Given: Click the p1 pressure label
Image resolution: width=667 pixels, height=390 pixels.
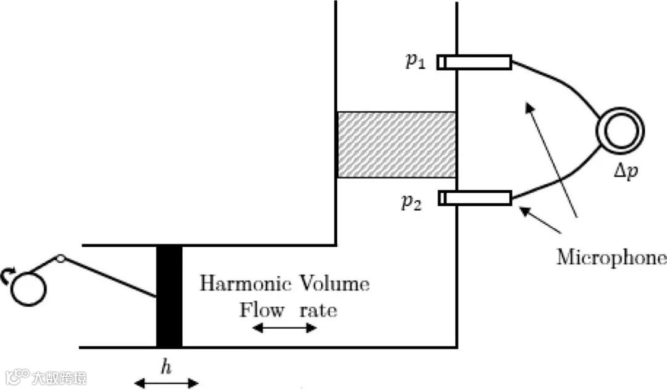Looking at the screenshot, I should [x=416, y=62].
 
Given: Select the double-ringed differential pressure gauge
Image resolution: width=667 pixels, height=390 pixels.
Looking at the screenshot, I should [x=620, y=130].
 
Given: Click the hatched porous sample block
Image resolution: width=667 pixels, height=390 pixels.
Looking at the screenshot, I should [x=396, y=145].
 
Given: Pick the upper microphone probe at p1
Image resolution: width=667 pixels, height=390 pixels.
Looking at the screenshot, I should [x=476, y=62].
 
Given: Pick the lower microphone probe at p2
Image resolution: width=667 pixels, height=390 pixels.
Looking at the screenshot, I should [x=476, y=198].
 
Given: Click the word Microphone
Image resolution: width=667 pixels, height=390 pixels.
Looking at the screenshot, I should [x=611, y=257].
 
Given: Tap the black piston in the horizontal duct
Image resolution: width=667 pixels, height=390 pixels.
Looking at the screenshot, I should [x=169, y=296].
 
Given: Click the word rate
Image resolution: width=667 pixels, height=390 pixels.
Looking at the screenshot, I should [x=319, y=310].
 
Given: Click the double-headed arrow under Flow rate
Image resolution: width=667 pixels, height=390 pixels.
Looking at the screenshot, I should [x=285, y=328].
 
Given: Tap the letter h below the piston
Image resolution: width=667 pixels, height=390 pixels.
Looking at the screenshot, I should [x=165, y=368].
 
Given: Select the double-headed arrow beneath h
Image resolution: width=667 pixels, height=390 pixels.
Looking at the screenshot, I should [x=166, y=384].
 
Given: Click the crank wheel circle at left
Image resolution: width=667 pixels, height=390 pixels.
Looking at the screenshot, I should [x=28, y=288].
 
